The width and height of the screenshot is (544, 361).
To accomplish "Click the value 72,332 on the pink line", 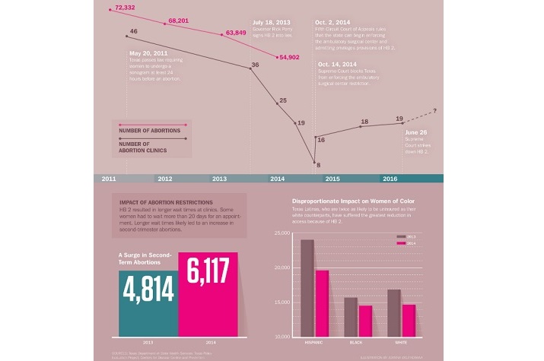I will click(124, 8).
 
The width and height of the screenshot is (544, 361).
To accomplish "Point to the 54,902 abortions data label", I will click(291, 57).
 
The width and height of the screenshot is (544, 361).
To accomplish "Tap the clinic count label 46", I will click(133, 31).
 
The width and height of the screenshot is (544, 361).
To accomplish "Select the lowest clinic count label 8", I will click(318, 165).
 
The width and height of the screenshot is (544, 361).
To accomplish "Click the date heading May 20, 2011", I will click(149, 53).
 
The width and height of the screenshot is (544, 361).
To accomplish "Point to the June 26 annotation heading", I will click(416, 131).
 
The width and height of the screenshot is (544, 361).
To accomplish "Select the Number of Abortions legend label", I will click(150, 131).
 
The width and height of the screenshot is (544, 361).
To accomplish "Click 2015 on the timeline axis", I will click(332, 179).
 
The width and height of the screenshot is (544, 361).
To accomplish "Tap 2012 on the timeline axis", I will click(164, 179).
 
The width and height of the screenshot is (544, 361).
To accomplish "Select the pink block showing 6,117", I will click(208, 293).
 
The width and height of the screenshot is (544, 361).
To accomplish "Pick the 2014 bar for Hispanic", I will click(322, 303).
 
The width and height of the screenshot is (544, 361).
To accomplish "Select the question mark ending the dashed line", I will click(434, 112).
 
